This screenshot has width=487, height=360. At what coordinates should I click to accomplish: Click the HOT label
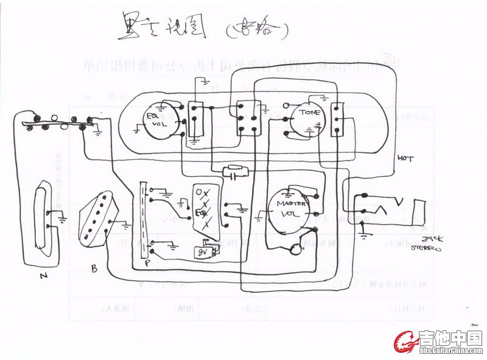coord(405,158)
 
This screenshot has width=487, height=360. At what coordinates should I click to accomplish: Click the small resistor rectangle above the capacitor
coord(234,168)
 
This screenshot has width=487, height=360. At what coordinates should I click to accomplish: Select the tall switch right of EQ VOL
coord(195,119)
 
